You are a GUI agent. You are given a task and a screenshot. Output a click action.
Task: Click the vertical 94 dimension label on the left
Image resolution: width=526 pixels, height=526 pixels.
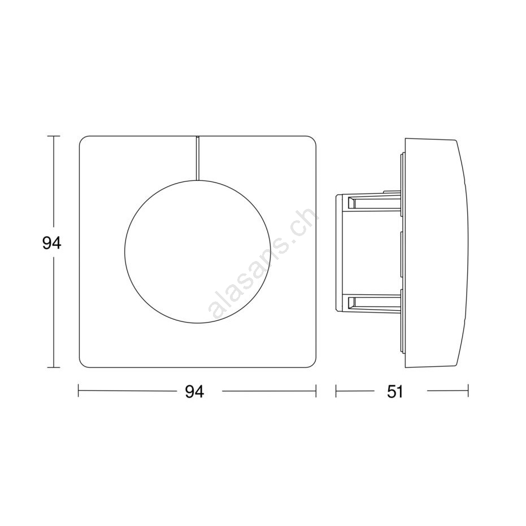click(x=51, y=243)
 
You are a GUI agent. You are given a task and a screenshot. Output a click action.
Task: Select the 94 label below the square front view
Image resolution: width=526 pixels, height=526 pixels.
click(x=194, y=392)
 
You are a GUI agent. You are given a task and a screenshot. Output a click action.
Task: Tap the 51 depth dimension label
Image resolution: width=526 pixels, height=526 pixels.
click(x=395, y=392)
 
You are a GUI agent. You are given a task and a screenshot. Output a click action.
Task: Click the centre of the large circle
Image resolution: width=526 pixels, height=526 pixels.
click(x=197, y=251)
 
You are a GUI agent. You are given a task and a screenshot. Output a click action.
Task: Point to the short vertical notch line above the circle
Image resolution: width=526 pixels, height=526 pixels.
click(x=197, y=158)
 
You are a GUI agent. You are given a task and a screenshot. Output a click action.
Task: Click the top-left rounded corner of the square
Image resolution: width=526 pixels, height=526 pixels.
click(x=82, y=139)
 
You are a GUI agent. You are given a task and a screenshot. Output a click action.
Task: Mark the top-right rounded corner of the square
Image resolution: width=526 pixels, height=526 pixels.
click(x=313, y=139)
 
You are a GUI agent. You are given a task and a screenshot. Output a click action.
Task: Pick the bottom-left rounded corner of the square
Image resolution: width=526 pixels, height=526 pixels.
click(x=82, y=364)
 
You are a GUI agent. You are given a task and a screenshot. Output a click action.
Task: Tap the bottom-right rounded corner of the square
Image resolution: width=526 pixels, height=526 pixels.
click(x=313, y=364)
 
